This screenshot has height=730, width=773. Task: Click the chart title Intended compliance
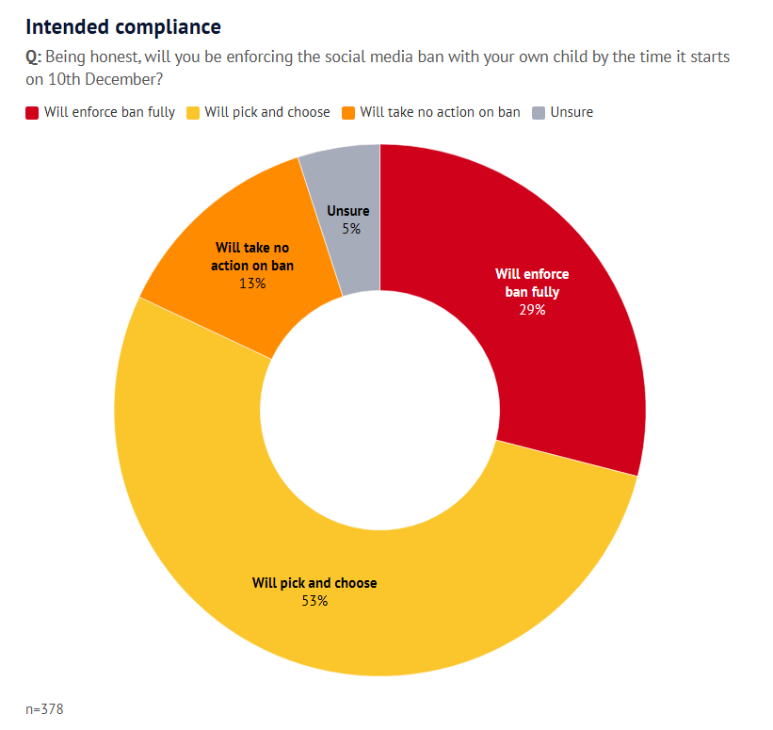click(123, 26)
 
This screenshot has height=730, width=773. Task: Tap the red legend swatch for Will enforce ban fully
click(32, 113)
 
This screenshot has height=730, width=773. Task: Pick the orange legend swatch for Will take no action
click(347, 113)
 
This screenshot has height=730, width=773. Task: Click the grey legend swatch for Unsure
click(538, 113)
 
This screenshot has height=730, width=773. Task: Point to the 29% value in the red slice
click(532, 309)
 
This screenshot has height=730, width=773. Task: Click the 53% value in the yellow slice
click(314, 600)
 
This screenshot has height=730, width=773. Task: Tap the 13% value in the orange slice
click(252, 283)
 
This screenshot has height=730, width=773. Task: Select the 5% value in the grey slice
click(351, 228)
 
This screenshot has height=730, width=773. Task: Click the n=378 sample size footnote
click(44, 707)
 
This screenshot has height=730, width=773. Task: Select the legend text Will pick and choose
click(267, 112)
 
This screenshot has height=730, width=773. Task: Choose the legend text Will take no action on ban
click(440, 112)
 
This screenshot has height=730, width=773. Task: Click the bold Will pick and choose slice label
click(314, 583)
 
